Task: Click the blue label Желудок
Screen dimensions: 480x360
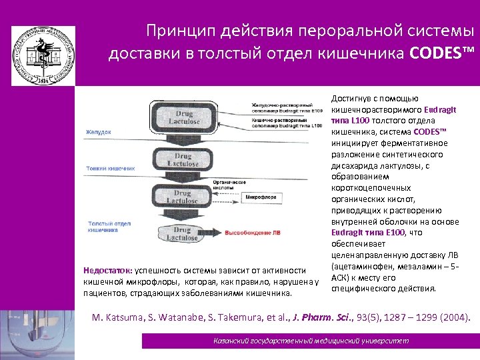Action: tap(98, 133)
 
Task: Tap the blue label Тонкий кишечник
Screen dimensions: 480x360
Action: tap(110, 169)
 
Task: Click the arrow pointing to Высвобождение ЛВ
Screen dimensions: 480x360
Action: tap(217, 233)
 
